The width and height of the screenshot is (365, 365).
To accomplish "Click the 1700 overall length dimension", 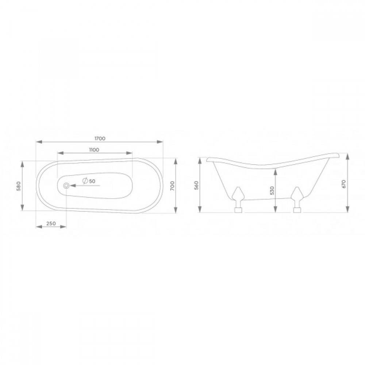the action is pyautogui.click(x=100, y=138).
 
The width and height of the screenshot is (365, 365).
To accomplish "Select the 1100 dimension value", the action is pyautogui.click(x=94, y=150).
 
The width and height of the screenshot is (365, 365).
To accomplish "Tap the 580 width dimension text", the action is pyautogui.click(x=19, y=186).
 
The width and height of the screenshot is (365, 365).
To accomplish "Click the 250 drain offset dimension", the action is pyautogui.click(x=51, y=223).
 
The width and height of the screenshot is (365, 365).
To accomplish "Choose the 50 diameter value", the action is pyautogui.click(x=92, y=181).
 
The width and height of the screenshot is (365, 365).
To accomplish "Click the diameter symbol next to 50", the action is pyautogui.click(x=85, y=181).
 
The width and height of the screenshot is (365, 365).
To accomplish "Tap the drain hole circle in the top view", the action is pyautogui.click(x=66, y=185).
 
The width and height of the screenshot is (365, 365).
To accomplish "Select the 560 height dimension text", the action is pyautogui.click(x=197, y=185).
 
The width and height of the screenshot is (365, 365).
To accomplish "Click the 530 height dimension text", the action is pyautogui.click(x=273, y=191).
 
